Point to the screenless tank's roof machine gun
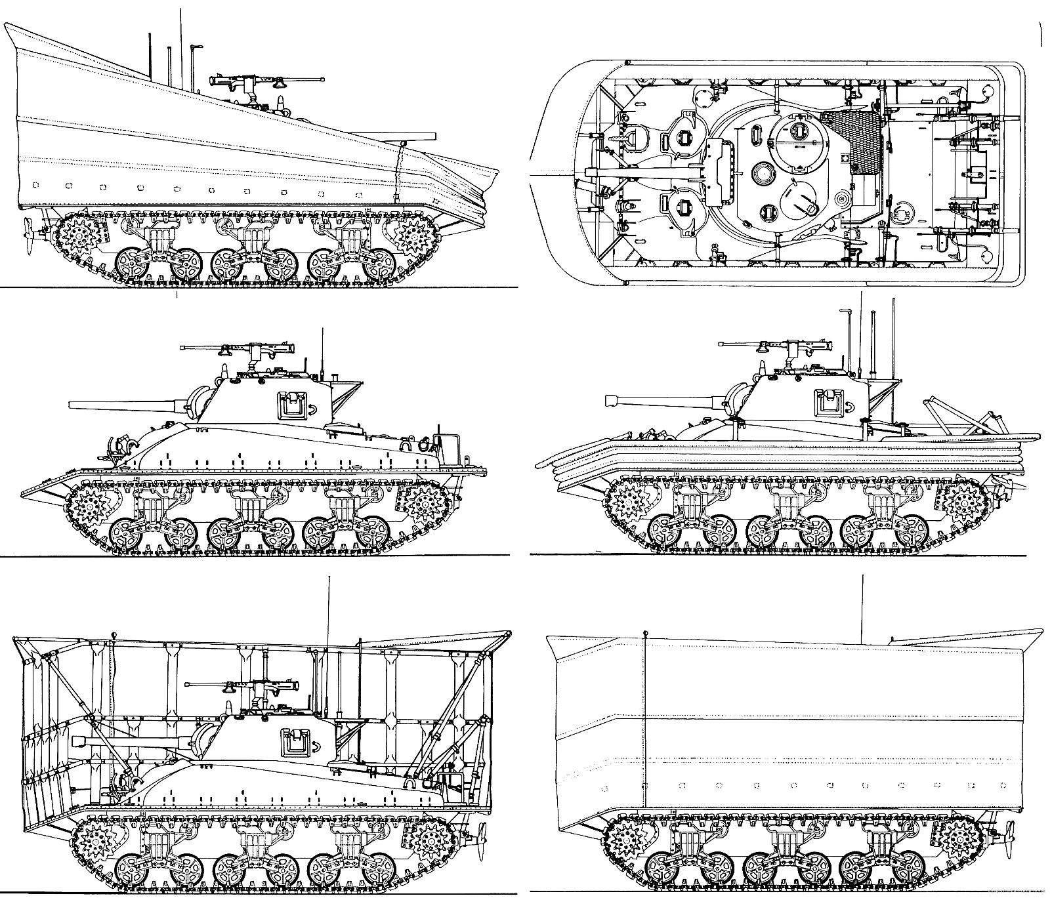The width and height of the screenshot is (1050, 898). (249, 349)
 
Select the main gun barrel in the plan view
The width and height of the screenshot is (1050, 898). (643, 172)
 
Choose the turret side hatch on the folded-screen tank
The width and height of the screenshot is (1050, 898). (828, 401)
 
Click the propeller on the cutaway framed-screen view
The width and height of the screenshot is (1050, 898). (482, 835)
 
